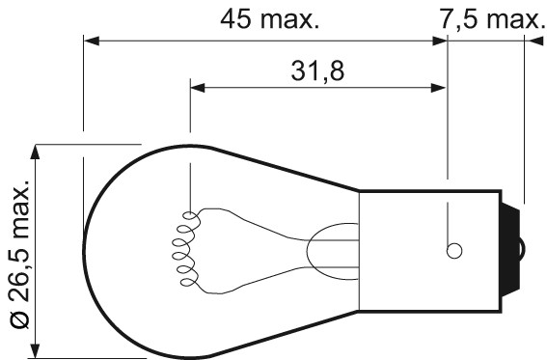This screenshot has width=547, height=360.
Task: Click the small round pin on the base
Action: tap(453, 250)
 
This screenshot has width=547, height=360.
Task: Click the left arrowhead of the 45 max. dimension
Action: tap(90, 42)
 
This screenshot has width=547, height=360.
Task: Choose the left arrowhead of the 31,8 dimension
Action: tap(197, 88)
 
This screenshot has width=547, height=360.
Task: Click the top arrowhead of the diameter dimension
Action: tap(37, 151)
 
